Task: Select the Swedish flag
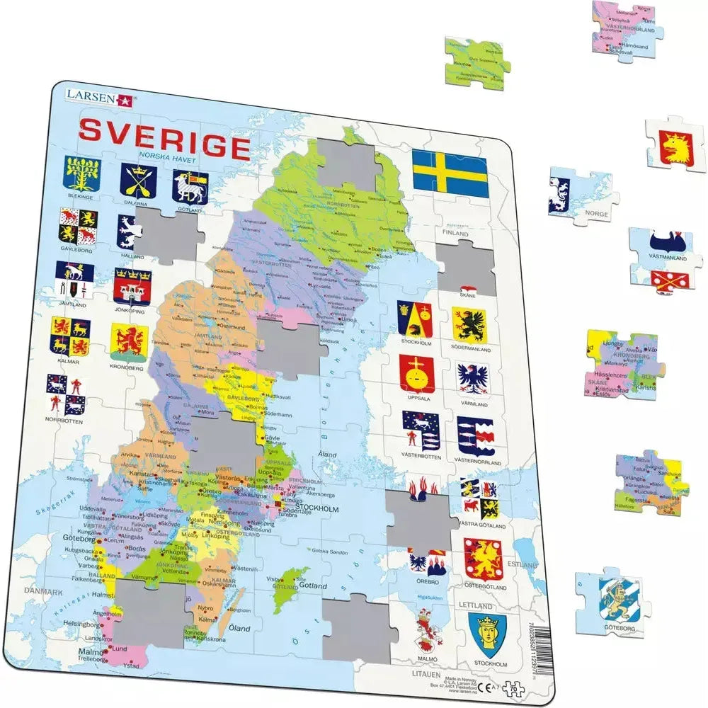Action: (x=450, y=174)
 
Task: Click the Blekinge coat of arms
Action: (x=83, y=173)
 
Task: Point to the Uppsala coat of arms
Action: (x=416, y=373)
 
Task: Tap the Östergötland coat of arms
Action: (x=483, y=559)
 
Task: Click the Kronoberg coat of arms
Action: (x=128, y=343)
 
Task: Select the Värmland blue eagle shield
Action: (x=473, y=379)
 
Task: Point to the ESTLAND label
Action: (x=524, y=565)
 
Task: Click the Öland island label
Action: (x=240, y=627)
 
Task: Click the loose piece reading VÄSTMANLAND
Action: (x=666, y=259)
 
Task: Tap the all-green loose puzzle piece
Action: (x=477, y=64)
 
